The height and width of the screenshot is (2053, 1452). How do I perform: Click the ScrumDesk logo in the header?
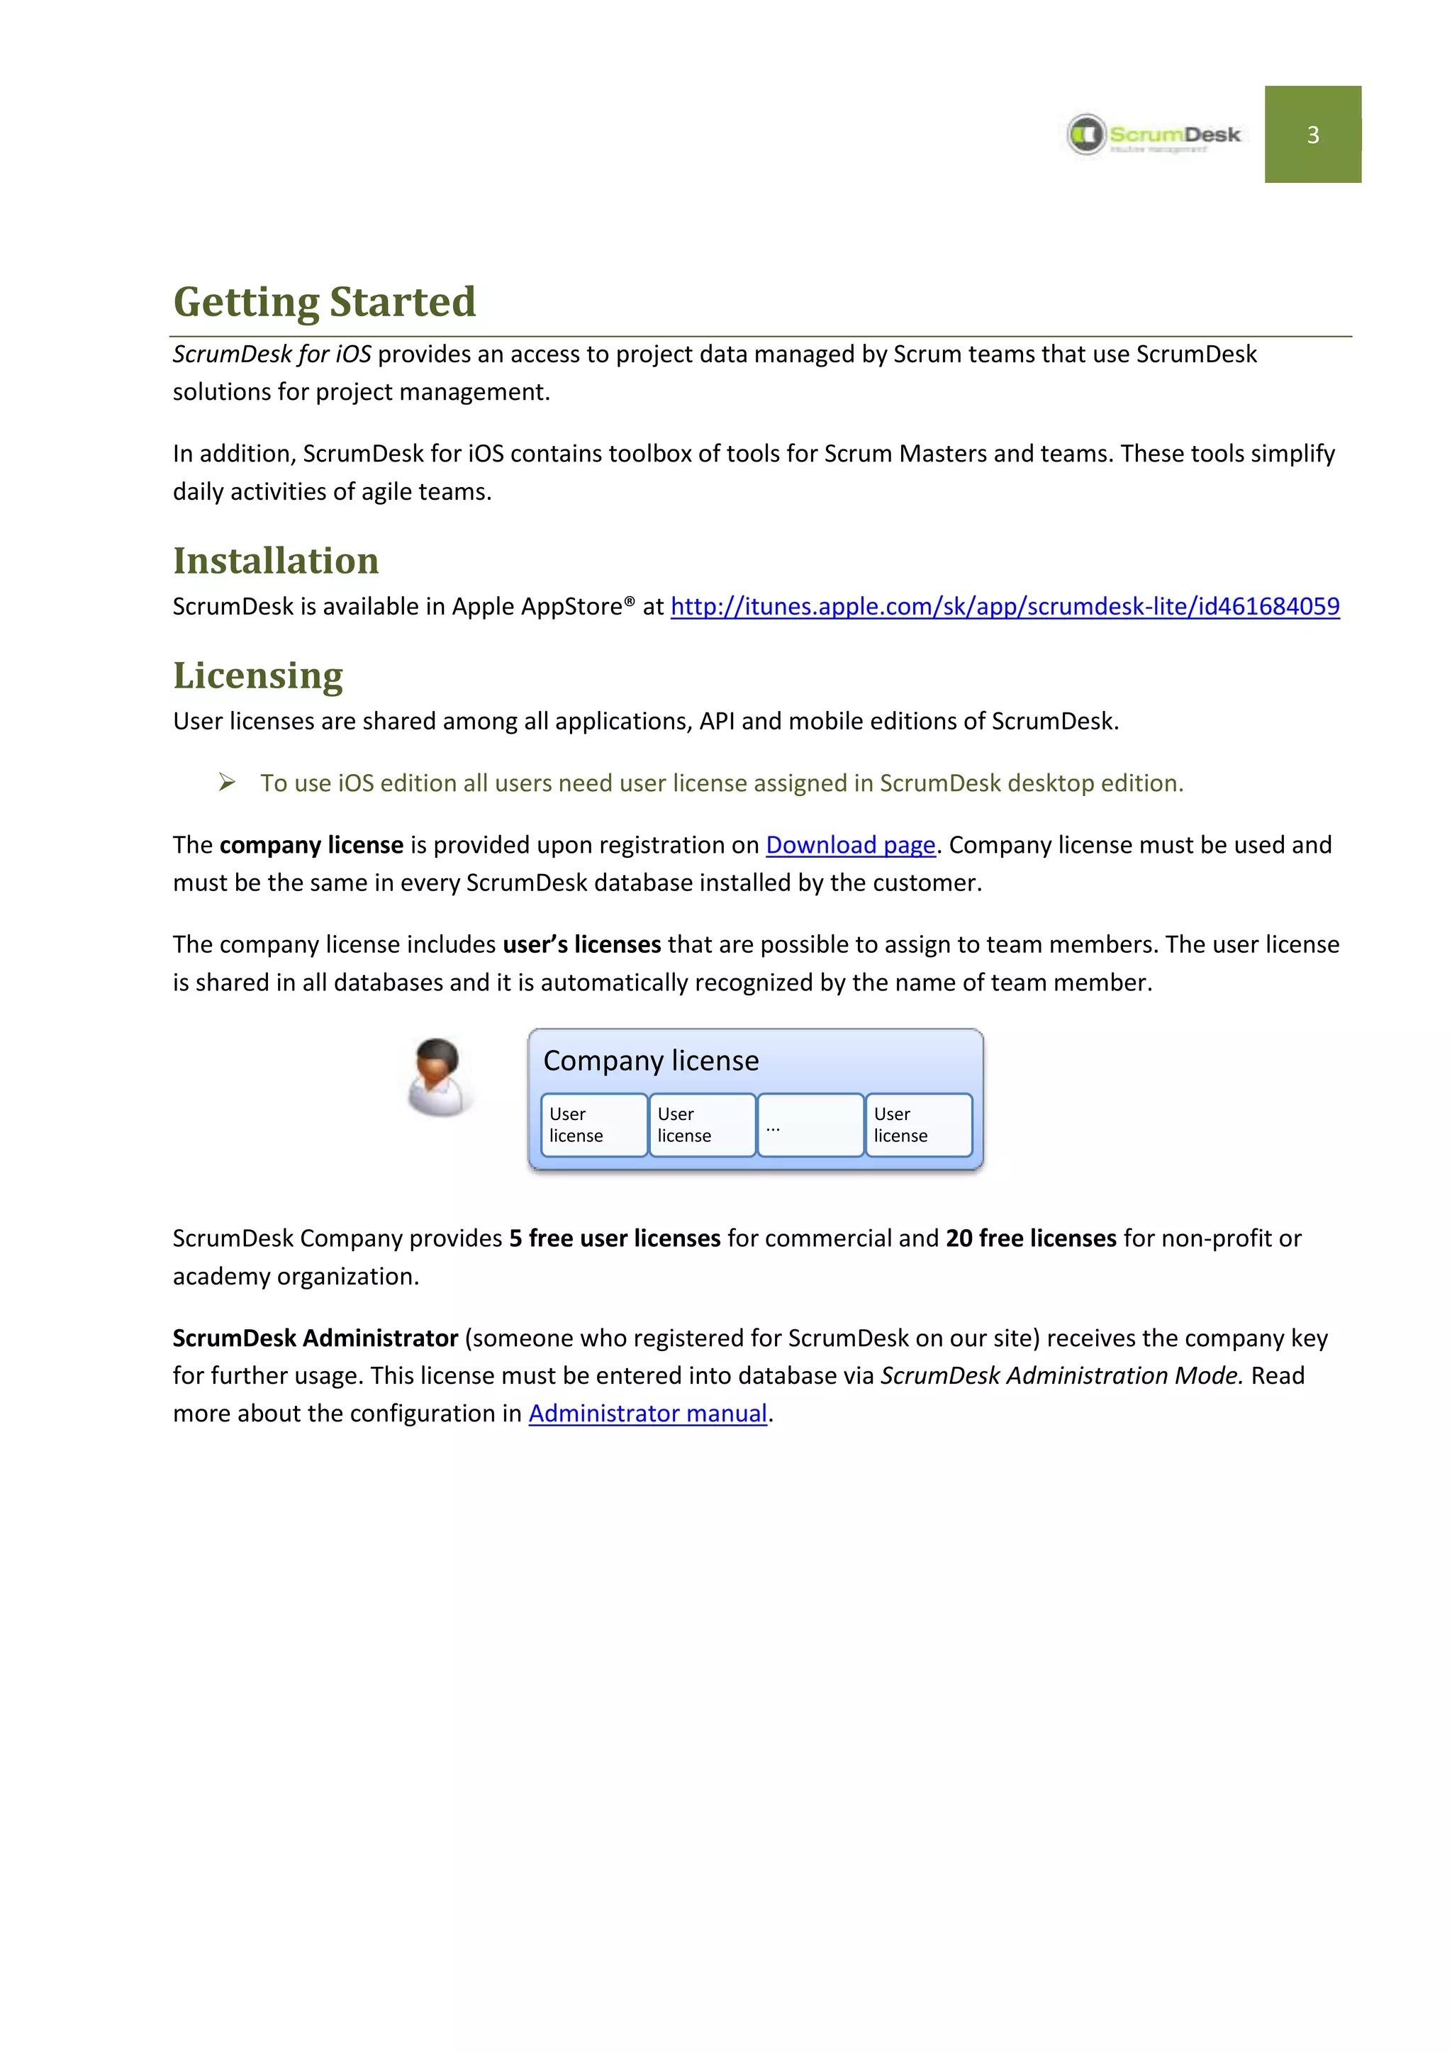pos(1154,135)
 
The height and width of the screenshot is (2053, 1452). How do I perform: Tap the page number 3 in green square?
pos(1312,135)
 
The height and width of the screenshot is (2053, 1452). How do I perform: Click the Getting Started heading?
pos(324,301)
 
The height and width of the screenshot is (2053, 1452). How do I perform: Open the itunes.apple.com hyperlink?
pos(1004,606)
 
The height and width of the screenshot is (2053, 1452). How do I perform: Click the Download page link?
pos(849,845)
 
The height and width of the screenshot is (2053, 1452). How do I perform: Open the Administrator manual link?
pos(647,1414)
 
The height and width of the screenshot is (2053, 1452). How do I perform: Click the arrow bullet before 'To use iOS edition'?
pos(227,783)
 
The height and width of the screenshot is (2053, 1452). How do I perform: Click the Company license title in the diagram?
pos(650,1061)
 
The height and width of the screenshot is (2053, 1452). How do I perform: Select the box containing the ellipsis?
pos(810,1126)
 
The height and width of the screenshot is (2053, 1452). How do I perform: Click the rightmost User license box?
pos(918,1126)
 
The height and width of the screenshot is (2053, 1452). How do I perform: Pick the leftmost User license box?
pos(593,1126)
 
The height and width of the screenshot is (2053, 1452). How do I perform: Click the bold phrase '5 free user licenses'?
pos(614,1238)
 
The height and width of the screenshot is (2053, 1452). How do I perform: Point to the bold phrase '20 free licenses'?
pos(1031,1238)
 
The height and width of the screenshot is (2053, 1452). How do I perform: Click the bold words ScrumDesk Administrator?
pos(315,1338)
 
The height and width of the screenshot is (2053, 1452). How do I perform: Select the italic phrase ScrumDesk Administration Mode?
pos(1061,1376)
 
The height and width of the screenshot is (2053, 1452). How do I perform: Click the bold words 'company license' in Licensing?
pos(311,845)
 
